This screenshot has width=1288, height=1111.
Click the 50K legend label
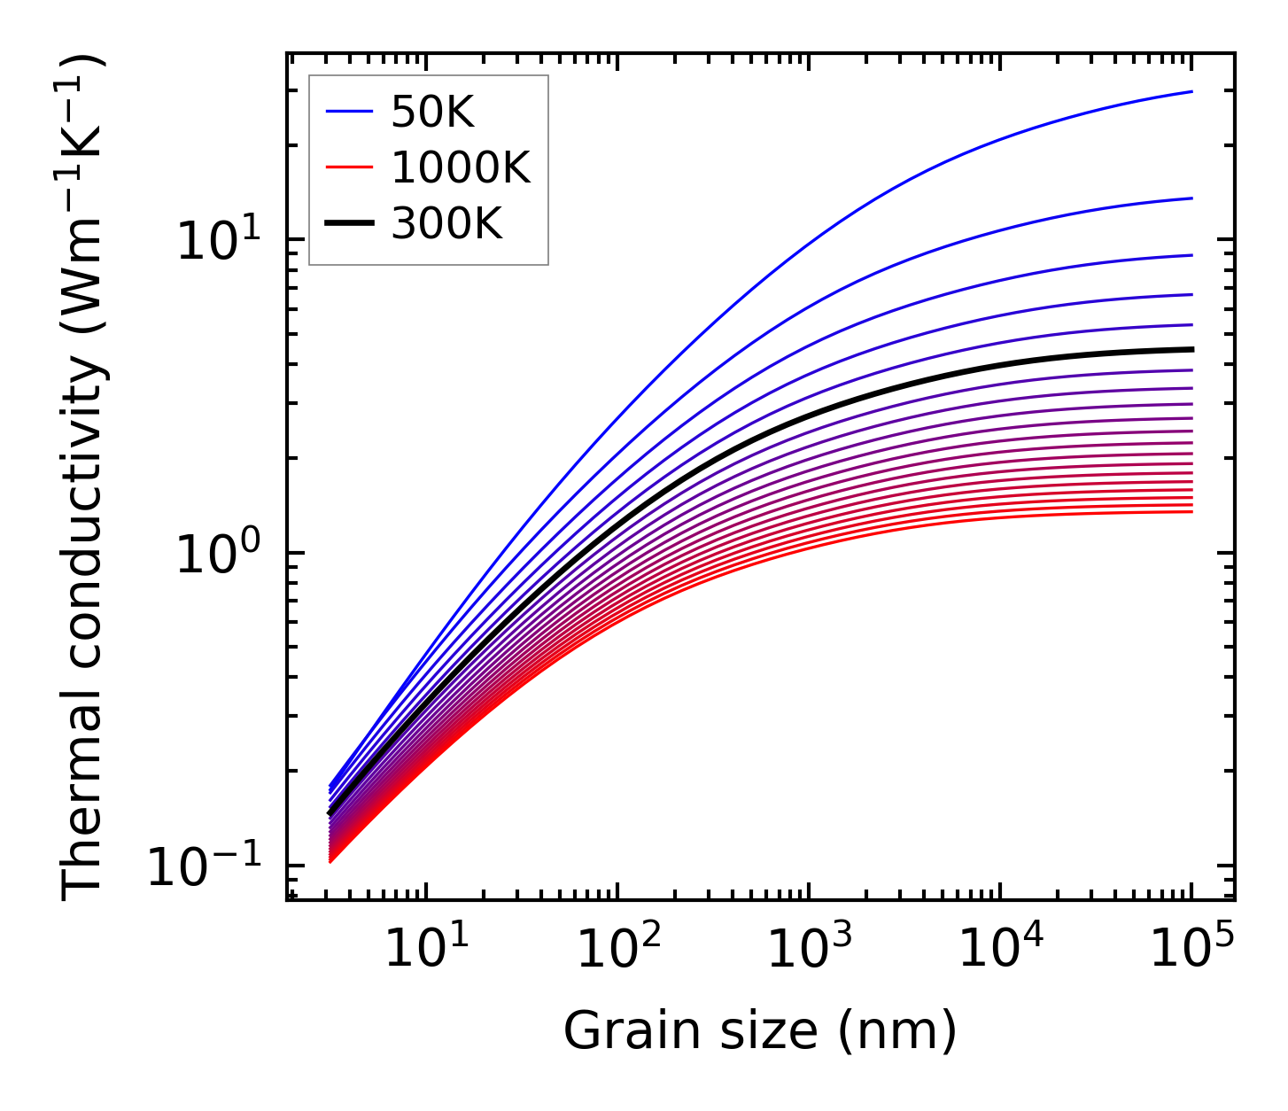[x=432, y=112]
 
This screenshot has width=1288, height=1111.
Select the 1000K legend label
[x=461, y=167]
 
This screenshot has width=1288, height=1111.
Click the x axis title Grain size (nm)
[x=760, y=1031]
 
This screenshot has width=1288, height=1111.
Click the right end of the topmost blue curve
[x=1191, y=91]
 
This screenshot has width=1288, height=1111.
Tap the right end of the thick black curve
[x=1191, y=349]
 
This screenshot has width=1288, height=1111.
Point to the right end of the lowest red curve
[x=1191, y=511]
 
